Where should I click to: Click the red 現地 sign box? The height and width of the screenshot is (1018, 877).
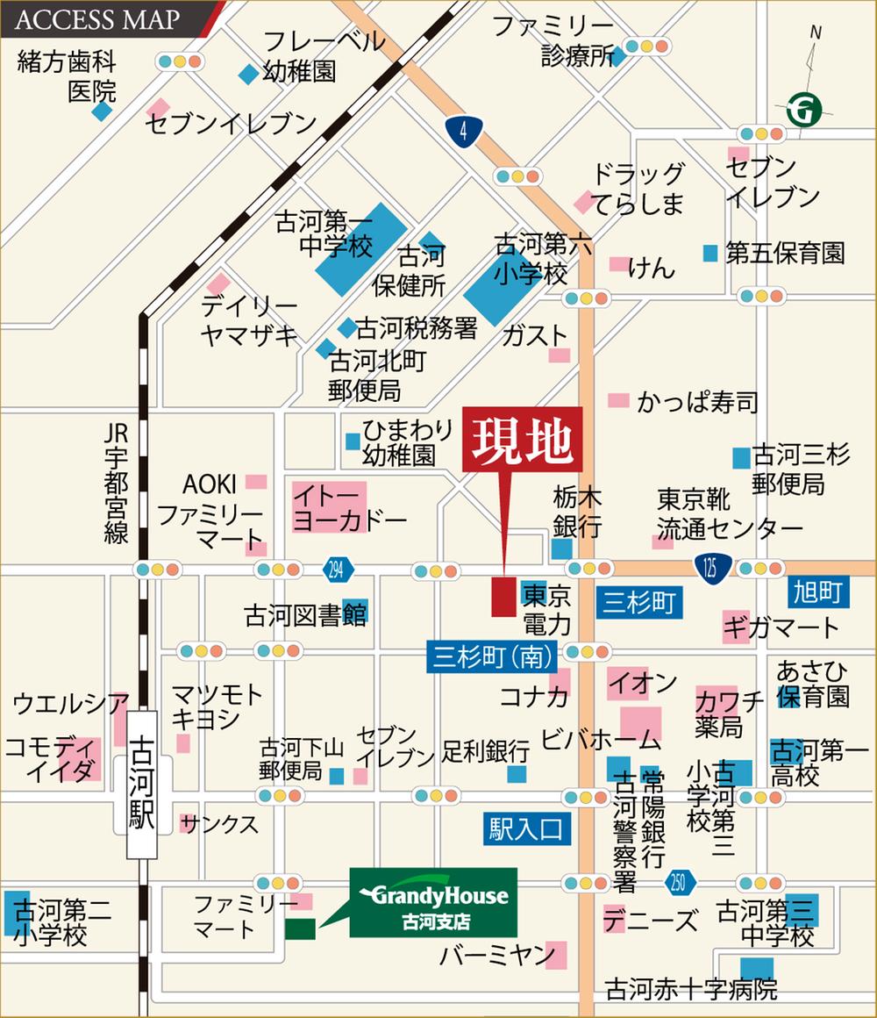(522, 441)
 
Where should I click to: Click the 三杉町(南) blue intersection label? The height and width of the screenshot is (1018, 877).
(490, 655)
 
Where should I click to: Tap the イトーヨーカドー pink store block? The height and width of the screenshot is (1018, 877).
(328, 506)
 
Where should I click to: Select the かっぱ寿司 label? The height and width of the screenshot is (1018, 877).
(697, 402)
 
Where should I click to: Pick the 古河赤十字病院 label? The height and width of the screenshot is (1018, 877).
(691, 990)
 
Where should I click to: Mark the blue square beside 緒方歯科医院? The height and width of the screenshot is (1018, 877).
(103, 111)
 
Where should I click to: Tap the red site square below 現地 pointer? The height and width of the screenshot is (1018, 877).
(503, 597)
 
